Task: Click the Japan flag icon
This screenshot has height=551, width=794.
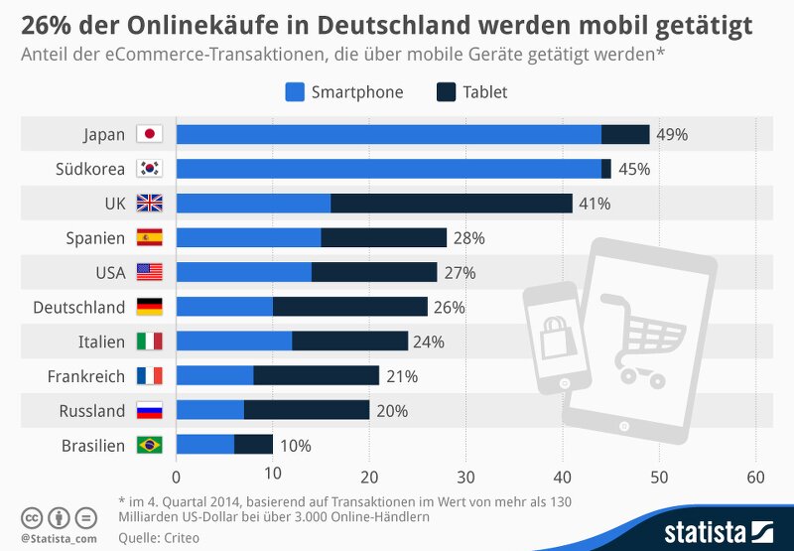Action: [149, 134]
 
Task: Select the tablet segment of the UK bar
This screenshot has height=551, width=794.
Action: [452, 204]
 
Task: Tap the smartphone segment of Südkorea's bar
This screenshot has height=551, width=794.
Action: [388, 169]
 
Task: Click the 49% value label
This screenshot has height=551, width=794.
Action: [672, 134]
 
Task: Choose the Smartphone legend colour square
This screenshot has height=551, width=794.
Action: [294, 92]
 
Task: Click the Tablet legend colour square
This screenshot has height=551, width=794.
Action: [446, 92]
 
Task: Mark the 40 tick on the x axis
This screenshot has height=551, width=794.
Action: [563, 477]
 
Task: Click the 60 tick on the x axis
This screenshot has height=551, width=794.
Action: [755, 477]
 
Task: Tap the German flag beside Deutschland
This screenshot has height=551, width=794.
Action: [149, 307]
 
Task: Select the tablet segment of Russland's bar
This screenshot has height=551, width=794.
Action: [307, 410]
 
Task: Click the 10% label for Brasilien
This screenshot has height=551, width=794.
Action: [295, 445]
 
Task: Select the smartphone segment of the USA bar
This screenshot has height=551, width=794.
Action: [243, 272]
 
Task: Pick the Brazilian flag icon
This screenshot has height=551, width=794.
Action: [149, 445]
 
